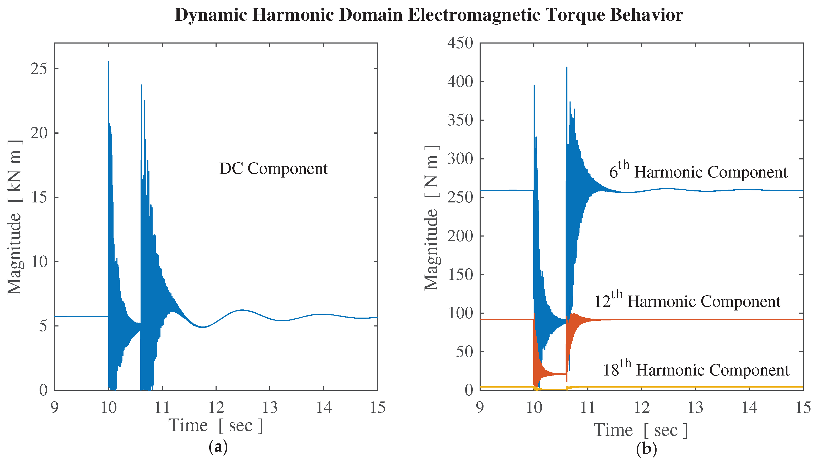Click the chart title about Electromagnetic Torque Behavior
tap(429, 15)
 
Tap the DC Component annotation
tap(273, 169)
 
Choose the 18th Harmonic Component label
tap(696, 369)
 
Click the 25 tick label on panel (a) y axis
tap(39, 69)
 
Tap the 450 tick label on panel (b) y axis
tap(460, 43)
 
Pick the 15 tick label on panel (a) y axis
tap(39, 197)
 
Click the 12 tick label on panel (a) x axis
tap(216, 408)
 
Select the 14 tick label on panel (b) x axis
tap(749, 408)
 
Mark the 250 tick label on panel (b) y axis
tap(460, 197)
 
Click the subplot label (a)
tap(218, 447)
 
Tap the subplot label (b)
tap(646, 449)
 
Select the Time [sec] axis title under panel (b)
tap(641, 430)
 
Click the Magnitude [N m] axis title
tap(431, 218)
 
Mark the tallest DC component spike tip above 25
tap(108, 62)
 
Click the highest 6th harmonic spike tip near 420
tap(566, 67)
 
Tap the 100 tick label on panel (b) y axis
tap(460, 313)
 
